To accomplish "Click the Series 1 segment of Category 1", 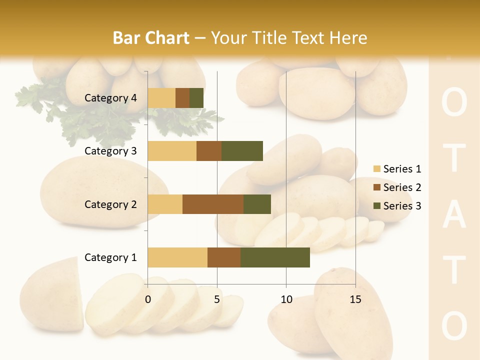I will (177, 257).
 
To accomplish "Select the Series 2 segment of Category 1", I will (224, 257).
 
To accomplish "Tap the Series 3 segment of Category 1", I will (275, 257).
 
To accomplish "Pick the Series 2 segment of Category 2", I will (213, 204).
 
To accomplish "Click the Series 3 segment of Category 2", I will (257, 204).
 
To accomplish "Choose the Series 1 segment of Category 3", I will (172, 151).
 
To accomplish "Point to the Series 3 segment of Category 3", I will (242, 151).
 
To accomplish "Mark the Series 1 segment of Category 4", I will (161, 98).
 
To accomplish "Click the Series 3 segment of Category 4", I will (196, 98).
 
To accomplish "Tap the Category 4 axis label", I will (110, 98).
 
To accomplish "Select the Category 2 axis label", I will (110, 204).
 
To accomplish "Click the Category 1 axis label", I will (110, 257).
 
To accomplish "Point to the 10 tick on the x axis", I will (286, 299).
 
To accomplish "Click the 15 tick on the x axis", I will (355, 299).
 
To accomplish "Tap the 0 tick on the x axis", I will (148, 299).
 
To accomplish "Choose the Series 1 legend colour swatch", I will (376, 169).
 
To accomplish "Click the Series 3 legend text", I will (402, 206).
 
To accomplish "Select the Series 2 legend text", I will (402, 187).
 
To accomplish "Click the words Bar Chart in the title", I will (151, 38).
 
